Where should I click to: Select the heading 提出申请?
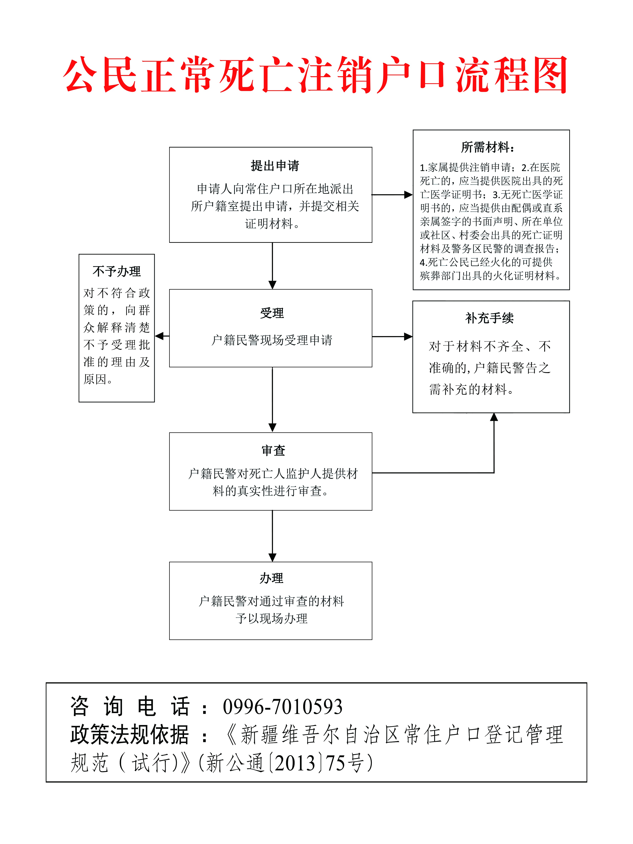[275, 166]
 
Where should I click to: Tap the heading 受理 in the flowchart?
[272, 313]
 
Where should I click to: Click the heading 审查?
[273, 450]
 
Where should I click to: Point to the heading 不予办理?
[117, 271]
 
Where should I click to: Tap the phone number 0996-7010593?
[283, 707]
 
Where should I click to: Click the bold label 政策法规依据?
[130, 734]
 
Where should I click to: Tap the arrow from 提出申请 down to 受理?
[272, 265]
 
